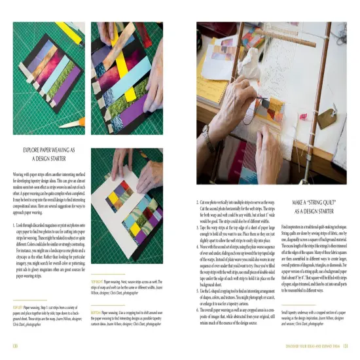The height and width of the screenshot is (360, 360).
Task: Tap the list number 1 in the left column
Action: click(14, 225)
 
